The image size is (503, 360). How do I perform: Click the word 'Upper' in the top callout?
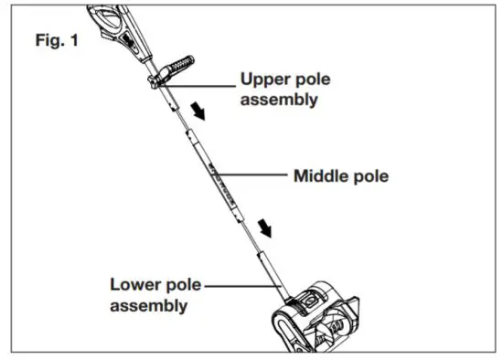(x=265, y=79)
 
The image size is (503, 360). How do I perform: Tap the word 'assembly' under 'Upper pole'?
(x=279, y=100)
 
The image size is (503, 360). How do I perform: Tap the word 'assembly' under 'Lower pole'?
(x=149, y=305)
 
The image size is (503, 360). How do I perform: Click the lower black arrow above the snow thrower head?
(x=266, y=226)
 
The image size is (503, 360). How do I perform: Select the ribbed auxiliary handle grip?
(x=179, y=67)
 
